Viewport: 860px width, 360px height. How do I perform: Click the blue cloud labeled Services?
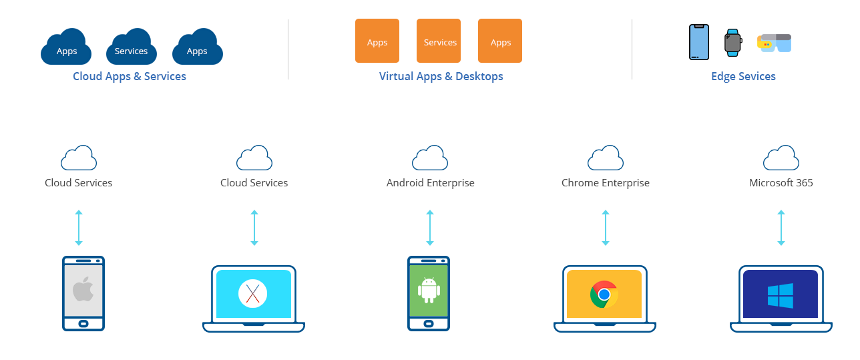coord(131,48)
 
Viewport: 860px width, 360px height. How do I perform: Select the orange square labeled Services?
coord(440,41)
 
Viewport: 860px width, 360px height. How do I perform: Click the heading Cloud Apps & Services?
coord(130,76)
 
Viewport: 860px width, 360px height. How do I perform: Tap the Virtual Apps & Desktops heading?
coord(441,76)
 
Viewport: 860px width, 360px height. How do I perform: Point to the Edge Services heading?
coord(743,76)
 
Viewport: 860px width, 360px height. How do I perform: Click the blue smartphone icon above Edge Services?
coord(699,42)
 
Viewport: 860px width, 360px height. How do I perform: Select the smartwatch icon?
coord(733,43)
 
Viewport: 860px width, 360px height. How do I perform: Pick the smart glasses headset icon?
coord(775,43)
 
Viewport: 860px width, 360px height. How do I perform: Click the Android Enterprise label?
coord(430,182)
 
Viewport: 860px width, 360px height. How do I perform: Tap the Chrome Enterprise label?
coord(605,182)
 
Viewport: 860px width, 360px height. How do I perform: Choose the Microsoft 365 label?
coord(781,182)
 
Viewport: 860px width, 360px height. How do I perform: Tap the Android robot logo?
coord(428,289)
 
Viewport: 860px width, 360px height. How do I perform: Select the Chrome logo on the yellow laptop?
coord(604,294)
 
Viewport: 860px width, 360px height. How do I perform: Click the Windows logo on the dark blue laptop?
coord(780,295)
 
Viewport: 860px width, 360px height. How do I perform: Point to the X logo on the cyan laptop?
coord(252,293)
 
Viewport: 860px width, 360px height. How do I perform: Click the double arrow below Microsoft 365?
coord(781,228)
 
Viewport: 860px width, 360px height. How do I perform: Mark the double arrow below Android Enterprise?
coord(430,228)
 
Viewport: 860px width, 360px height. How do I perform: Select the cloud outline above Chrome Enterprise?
coord(605,158)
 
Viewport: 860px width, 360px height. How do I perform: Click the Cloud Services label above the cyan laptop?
coord(254,182)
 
